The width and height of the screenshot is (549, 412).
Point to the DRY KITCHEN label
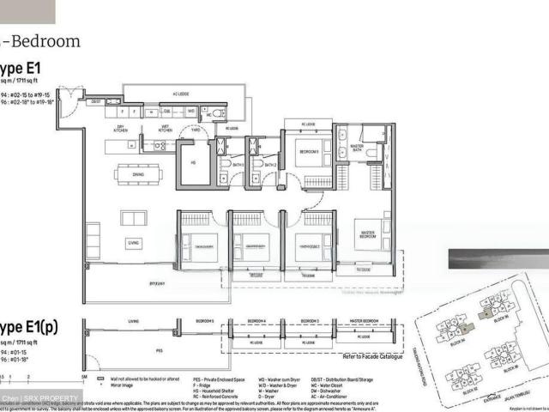click(x=122, y=130)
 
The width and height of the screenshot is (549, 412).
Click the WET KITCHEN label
click(x=165, y=130)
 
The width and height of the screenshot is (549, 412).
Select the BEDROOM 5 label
click(x=308, y=152)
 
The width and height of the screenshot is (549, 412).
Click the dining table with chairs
click(x=137, y=173)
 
